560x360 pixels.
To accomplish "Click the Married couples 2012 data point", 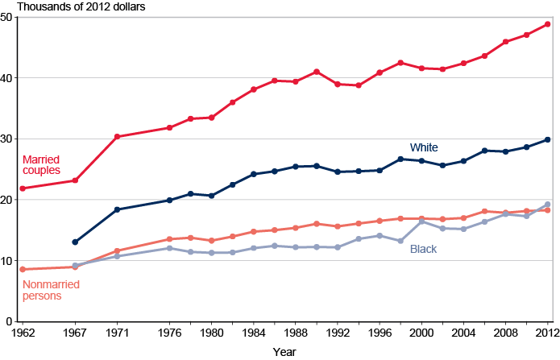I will click(x=548, y=24).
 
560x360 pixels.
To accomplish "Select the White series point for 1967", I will click(x=75, y=242).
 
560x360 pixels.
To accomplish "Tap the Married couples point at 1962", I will click(x=23, y=188).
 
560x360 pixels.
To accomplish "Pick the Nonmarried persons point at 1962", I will click(x=23, y=269).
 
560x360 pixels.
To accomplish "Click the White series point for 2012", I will click(x=548, y=139).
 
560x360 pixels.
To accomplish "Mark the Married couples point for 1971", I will click(x=117, y=137).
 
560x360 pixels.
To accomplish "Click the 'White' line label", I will click(x=424, y=147).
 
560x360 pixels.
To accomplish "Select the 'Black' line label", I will click(x=423, y=250).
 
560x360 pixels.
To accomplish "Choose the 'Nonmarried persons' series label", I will click(x=45, y=290).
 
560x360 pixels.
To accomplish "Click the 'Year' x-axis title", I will click(x=283, y=352).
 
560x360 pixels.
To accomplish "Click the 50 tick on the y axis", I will click(x=7, y=17).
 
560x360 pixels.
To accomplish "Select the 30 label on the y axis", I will click(x=7, y=139).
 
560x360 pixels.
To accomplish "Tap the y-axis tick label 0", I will click(x=10, y=321).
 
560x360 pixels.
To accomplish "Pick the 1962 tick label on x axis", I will click(x=23, y=332).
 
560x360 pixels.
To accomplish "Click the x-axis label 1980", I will click(x=212, y=332).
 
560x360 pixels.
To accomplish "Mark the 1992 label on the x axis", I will click(x=338, y=332).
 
